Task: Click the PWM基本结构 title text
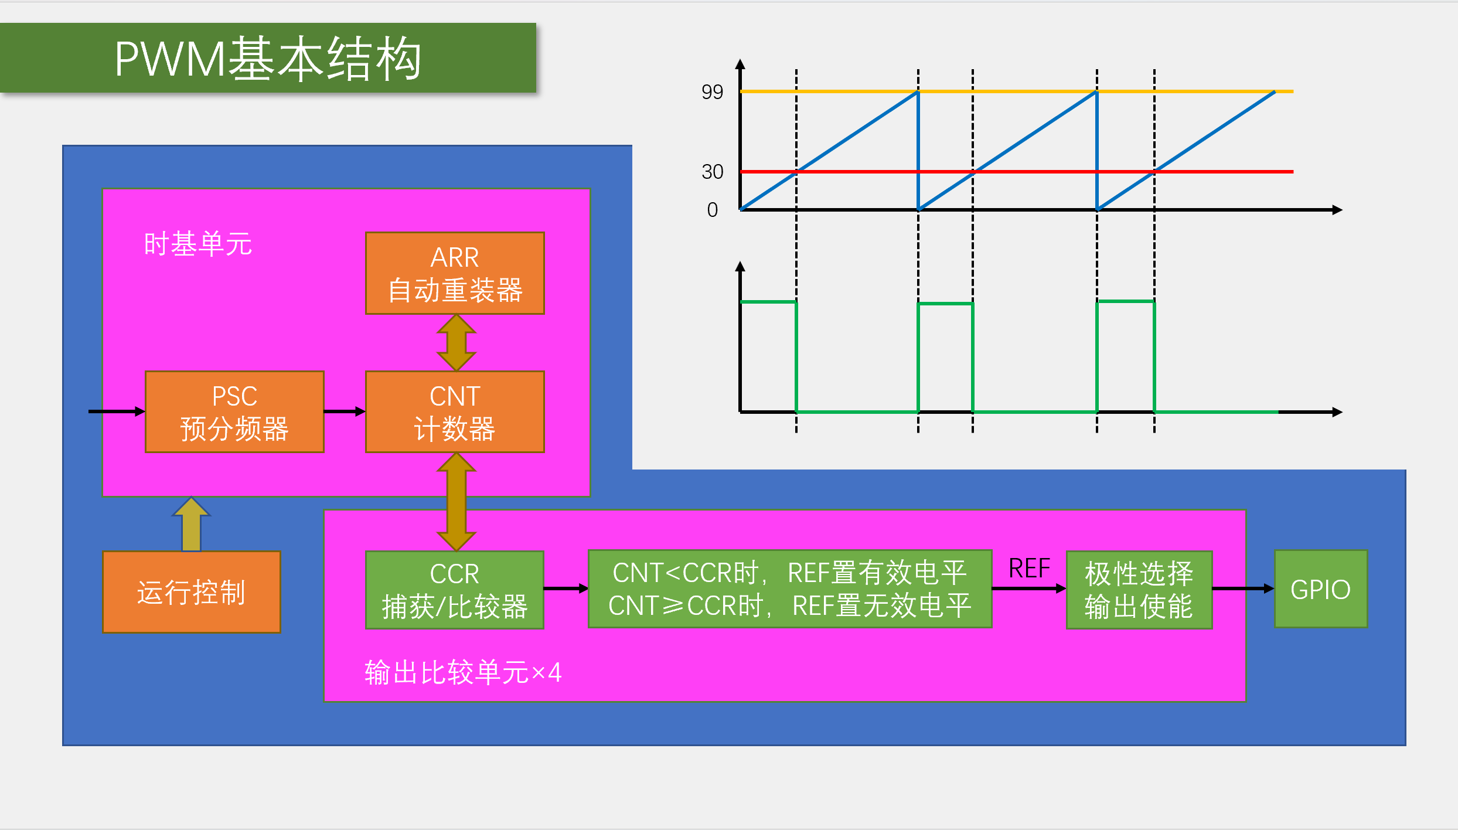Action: (x=268, y=59)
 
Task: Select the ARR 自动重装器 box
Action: (x=455, y=273)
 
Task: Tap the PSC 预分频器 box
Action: (x=234, y=411)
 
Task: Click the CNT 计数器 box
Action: (x=455, y=411)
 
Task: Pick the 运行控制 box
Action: (x=191, y=592)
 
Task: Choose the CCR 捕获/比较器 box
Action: (x=455, y=590)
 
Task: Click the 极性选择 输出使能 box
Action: (x=1139, y=590)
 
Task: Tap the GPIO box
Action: (x=1320, y=589)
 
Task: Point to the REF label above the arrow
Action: (x=1029, y=569)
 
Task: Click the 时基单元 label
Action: (x=197, y=244)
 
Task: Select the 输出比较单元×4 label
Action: (x=463, y=672)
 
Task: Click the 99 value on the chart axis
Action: (x=712, y=92)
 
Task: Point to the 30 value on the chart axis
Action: (x=712, y=172)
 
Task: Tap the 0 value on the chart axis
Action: (x=712, y=210)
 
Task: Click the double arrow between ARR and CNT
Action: (x=456, y=343)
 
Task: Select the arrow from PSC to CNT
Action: (x=345, y=411)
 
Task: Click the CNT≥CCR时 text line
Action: (x=789, y=606)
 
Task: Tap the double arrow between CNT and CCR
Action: (x=456, y=502)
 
